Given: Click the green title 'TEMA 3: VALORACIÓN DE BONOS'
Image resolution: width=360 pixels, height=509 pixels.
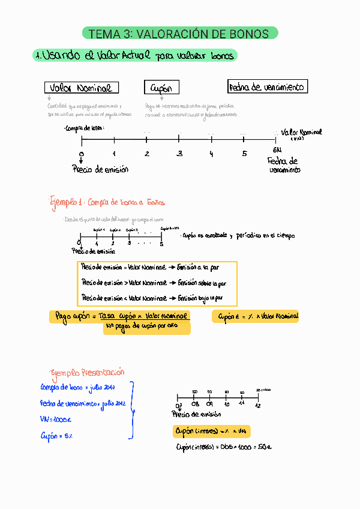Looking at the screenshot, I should [x=179, y=34].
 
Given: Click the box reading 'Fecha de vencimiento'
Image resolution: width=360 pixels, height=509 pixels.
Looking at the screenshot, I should [x=268, y=87].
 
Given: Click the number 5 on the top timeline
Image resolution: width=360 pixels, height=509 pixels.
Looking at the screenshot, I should [x=244, y=154].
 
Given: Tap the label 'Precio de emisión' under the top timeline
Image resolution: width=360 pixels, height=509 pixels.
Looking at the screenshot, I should [x=100, y=170].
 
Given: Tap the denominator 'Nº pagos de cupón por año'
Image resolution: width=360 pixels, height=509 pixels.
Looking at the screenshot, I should [x=147, y=327].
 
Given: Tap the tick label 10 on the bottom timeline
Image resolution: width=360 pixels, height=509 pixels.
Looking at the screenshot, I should [x=227, y=405].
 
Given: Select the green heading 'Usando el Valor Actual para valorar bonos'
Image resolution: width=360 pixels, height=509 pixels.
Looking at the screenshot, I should [x=135, y=56].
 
